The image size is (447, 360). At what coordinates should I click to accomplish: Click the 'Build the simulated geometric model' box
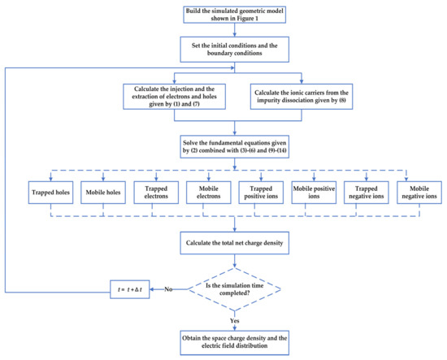(234, 15)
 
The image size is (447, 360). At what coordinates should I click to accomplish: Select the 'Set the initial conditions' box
(234, 50)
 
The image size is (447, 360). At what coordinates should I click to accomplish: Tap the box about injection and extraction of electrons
(174, 97)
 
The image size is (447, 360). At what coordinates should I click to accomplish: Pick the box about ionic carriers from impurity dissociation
(302, 97)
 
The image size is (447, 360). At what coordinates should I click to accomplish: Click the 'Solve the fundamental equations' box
(234, 146)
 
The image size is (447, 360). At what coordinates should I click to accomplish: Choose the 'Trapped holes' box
(50, 193)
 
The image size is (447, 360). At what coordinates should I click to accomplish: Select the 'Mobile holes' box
(103, 193)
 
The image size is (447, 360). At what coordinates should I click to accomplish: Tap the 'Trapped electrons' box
(156, 193)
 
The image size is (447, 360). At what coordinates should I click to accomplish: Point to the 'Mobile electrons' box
(209, 193)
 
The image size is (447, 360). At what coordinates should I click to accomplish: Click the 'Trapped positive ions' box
(261, 193)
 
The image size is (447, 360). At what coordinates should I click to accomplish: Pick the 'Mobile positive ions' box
(314, 193)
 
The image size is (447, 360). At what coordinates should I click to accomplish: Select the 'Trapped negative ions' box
(367, 193)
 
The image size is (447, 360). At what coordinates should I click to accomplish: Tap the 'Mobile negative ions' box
(419, 193)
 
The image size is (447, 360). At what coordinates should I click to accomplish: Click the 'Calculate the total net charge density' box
(234, 243)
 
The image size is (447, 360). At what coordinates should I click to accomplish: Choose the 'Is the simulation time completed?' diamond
(234, 289)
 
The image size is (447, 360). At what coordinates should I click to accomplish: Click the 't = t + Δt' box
(130, 289)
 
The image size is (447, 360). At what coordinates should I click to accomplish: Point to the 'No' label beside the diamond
(168, 289)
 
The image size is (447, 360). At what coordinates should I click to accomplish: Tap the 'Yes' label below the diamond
(235, 321)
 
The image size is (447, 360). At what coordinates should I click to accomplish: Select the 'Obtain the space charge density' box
(234, 343)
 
